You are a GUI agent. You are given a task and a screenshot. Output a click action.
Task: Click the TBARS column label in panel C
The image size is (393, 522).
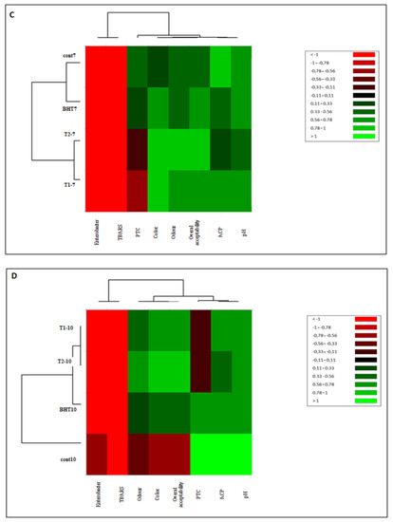(x=116, y=232)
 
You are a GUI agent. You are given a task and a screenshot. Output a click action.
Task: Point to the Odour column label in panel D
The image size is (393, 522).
(x=137, y=492)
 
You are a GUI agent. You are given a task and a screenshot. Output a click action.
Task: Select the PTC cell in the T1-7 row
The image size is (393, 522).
(x=137, y=190)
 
